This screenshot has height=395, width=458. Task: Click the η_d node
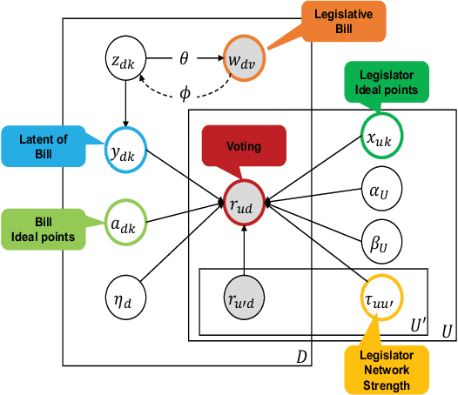tap(125, 291)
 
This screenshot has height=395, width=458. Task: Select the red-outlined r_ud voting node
tap(244, 205)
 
